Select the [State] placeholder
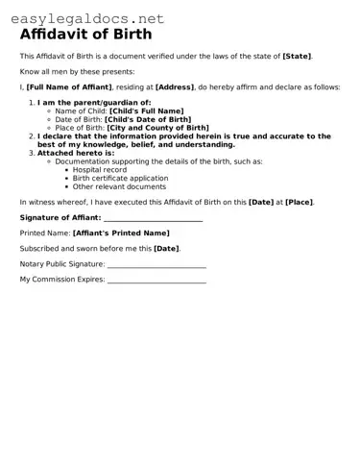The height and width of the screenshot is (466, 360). (x=297, y=56)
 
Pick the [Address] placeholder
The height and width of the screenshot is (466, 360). (x=175, y=86)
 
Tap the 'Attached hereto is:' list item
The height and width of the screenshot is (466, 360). (x=76, y=153)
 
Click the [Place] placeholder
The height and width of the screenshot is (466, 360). (x=298, y=202)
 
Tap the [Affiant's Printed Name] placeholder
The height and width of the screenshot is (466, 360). (x=121, y=233)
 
